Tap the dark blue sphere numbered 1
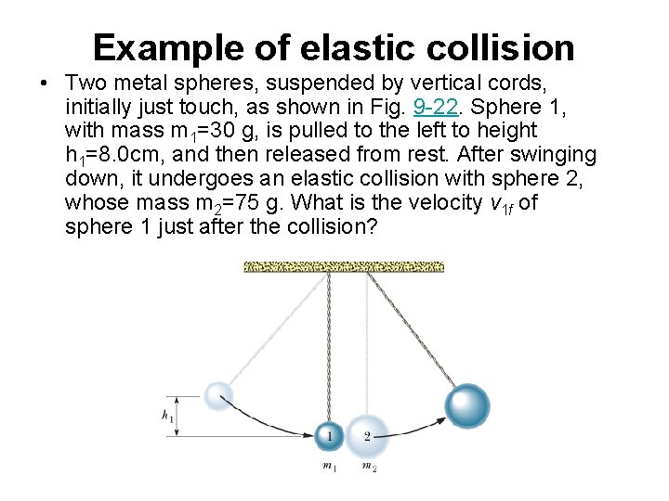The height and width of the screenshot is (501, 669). (x=328, y=435)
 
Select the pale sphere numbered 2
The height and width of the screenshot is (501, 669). (x=368, y=435)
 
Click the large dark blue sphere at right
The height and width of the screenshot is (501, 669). (x=467, y=405)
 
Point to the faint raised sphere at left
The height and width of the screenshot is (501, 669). (x=219, y=396)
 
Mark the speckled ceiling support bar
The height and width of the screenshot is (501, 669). (x=344, y=267)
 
